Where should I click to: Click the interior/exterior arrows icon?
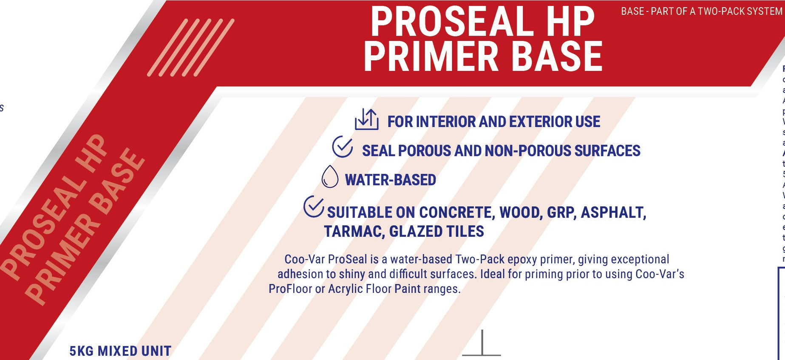tap(366, 120)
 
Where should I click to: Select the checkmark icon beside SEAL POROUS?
tap(343, 147)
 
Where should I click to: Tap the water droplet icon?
tap(330, 176)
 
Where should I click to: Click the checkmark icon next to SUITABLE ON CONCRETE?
tap(314, 207)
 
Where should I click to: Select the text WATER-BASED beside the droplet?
tap(390, 180)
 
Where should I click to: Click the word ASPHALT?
tap(613, 213)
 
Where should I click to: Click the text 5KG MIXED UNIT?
tap(120, 351)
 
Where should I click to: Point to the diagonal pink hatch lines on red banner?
tap(190, 48)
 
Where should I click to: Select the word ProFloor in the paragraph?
tap(290, 289)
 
